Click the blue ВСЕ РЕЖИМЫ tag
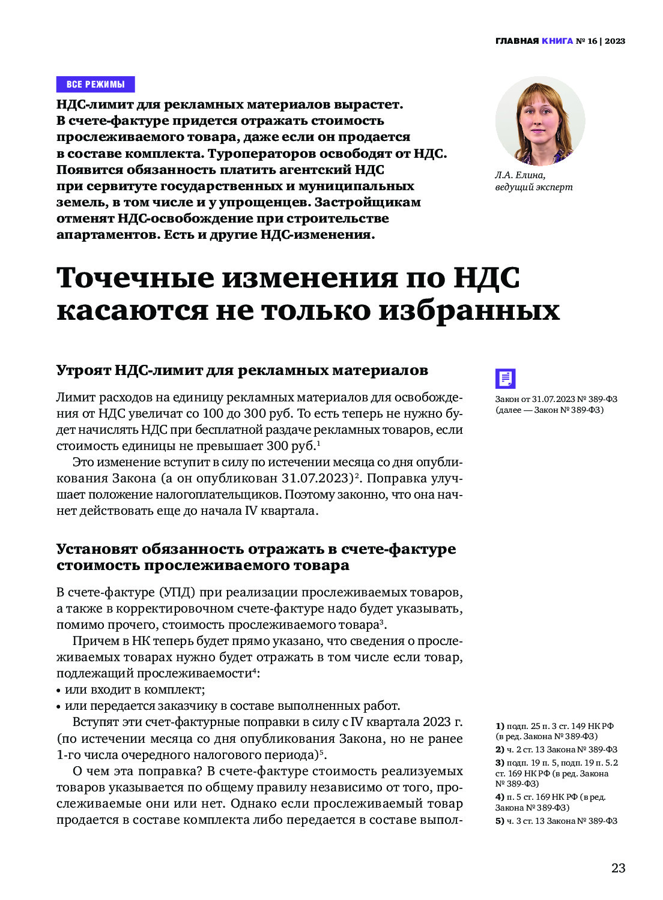tap(95, 84)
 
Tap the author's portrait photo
tap(540, 121)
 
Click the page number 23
tap(618, 868)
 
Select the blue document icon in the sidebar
tap(505, 379)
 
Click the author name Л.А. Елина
tap(520, 175)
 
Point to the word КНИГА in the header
tap(557, 41)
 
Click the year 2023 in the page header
tap(615, 41)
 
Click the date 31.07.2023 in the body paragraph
tap(316, 478)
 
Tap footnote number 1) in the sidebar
tap(500, 725)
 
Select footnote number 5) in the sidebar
tap(500, 821)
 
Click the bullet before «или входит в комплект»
tap(59, 690)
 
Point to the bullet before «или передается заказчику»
tap(59, 706)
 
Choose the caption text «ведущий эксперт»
tap(533, 187)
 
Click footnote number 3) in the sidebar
tap(500, 763)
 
